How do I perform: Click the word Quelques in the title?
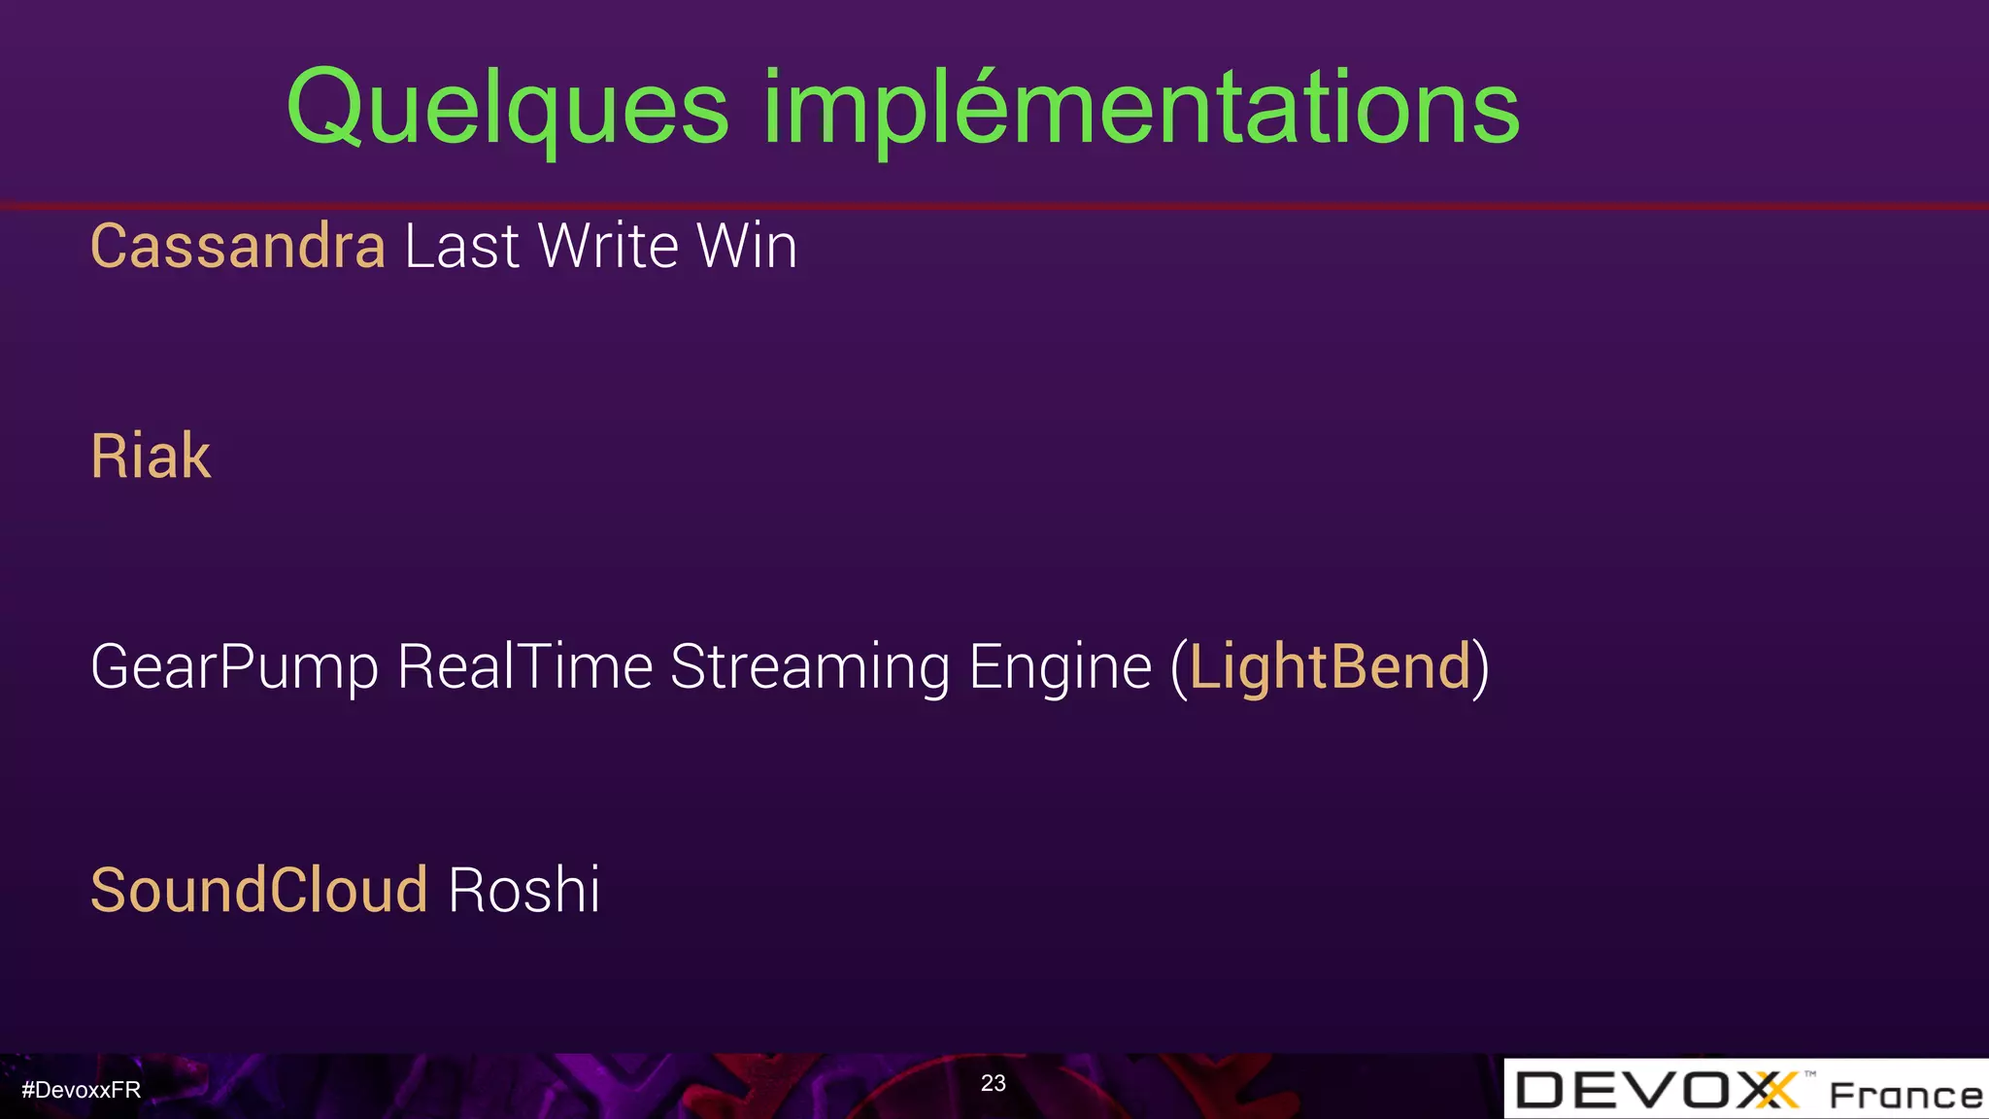pos(507,109)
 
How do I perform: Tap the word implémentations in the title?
pos(1141,109)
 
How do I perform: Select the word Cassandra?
pos(238,247)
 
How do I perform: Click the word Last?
pos(462,247)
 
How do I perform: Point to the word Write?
pos(608,247)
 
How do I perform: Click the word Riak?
pos(151,457)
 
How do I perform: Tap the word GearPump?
pos(234,668)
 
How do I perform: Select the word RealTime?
pos(524,668)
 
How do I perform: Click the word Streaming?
pos(810,668)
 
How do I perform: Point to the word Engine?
pos(1061,668)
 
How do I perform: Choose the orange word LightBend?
pos(1331,668)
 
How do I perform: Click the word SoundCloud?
pos(259,890)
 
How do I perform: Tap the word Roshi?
pos(523,890)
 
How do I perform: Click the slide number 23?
pos(993,1083)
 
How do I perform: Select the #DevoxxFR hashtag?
pos(82,1090)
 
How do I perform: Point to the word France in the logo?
pos(1905,1096)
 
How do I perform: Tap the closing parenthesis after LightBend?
pos(1480,668)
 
